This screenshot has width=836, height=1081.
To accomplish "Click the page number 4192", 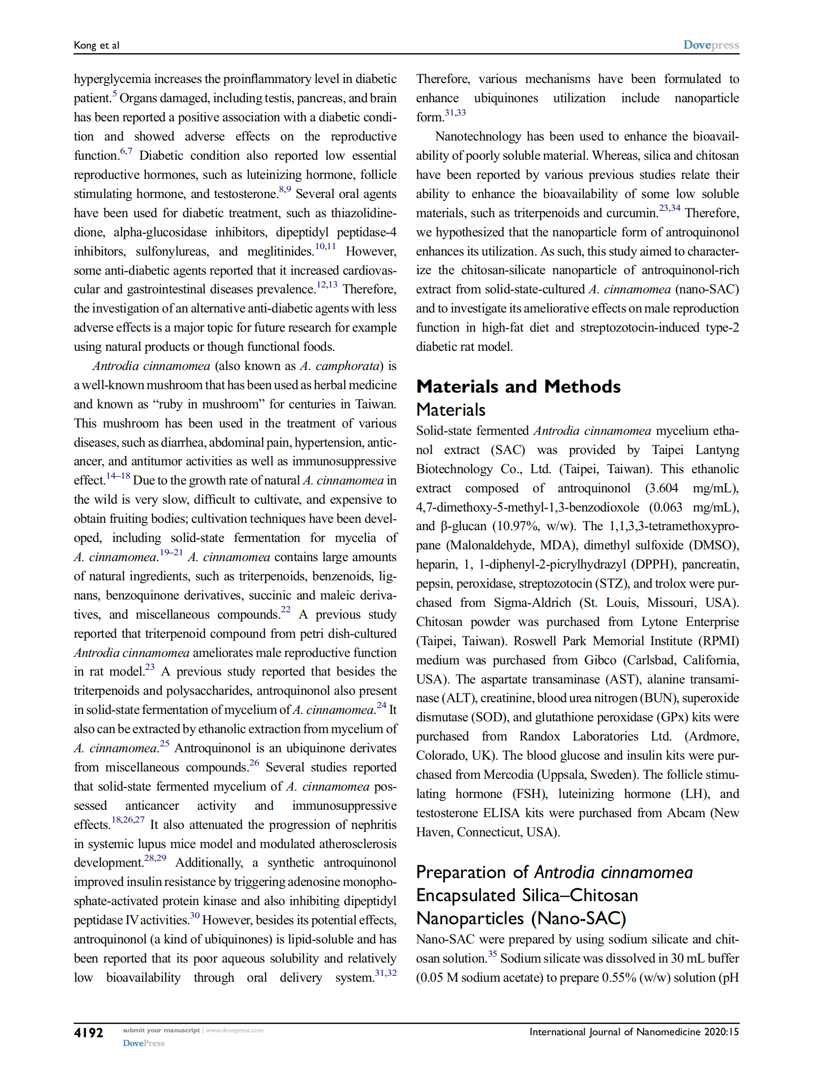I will coord(88,1032).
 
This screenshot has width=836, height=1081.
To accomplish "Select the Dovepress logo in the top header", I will coord(711,45).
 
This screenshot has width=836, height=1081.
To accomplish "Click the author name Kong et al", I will coord(96,46).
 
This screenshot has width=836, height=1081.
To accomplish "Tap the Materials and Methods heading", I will coord(518,387).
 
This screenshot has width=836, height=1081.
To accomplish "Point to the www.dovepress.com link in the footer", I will coord(234,1030).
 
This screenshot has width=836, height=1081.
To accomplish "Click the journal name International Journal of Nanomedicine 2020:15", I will coord(634,1032).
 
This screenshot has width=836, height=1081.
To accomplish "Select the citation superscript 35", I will coord(492,954).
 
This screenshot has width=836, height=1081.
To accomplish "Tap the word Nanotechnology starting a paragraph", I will coord(478,137).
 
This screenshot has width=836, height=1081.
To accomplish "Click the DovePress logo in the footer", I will coord(144,1043).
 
